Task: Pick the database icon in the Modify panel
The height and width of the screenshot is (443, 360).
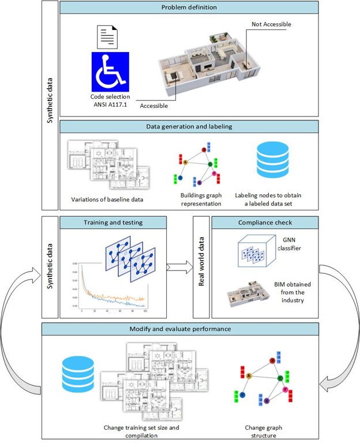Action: (x=79, y=375)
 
